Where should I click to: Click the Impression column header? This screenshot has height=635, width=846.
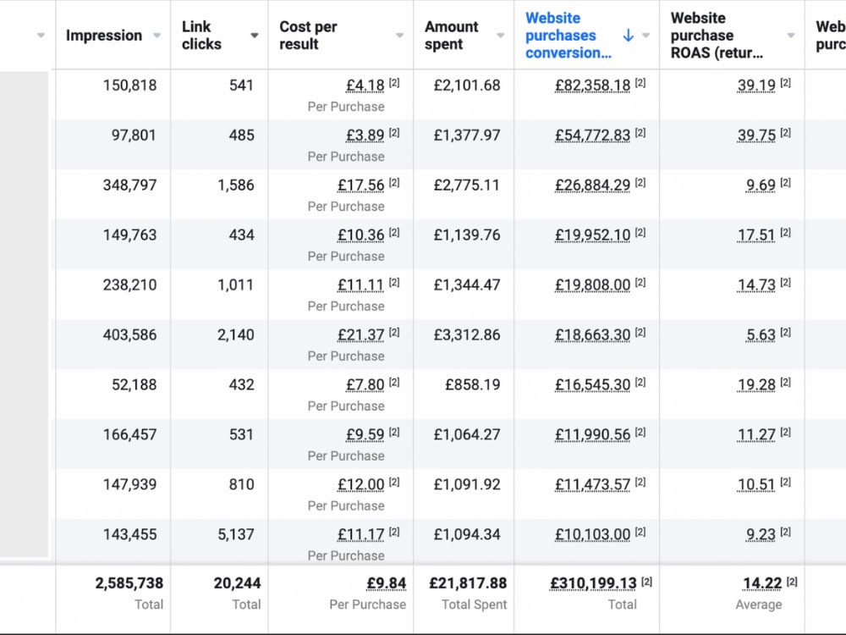tap(104, 36)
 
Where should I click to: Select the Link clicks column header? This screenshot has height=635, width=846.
tap(201, 35)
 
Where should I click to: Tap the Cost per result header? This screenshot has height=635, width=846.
tap(308, 35)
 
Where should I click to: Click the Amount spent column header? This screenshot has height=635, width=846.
tap(451, 35)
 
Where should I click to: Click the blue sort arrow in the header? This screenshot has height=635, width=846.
tap(628, 36)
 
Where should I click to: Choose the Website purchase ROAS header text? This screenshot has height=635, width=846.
tap(717, 35)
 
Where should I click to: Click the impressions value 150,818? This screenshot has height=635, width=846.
tap(129, 86)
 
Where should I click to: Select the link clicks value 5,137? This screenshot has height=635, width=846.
tap(236, 534)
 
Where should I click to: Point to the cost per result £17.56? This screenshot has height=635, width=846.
tap(361, 185)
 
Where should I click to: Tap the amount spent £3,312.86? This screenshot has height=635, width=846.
tap(467, 334)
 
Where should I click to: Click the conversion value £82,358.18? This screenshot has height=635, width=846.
tap(592, 86)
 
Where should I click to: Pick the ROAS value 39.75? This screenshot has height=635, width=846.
tap(756, 135)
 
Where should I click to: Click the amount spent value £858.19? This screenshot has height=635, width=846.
tap(473, 385)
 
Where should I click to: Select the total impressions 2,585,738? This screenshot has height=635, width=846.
tap(129, 583)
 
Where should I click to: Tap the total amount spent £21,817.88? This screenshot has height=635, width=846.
tap(468, 583)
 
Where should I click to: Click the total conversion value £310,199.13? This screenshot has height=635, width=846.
tap(594, 583)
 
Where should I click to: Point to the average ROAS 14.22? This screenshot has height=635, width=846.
tap(762, 583)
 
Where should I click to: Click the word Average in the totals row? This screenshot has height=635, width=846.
tap(759, 605)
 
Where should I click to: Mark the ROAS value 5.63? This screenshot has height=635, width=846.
tap(761, 335)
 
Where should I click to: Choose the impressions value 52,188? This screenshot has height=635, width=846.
tap(134, 385)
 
